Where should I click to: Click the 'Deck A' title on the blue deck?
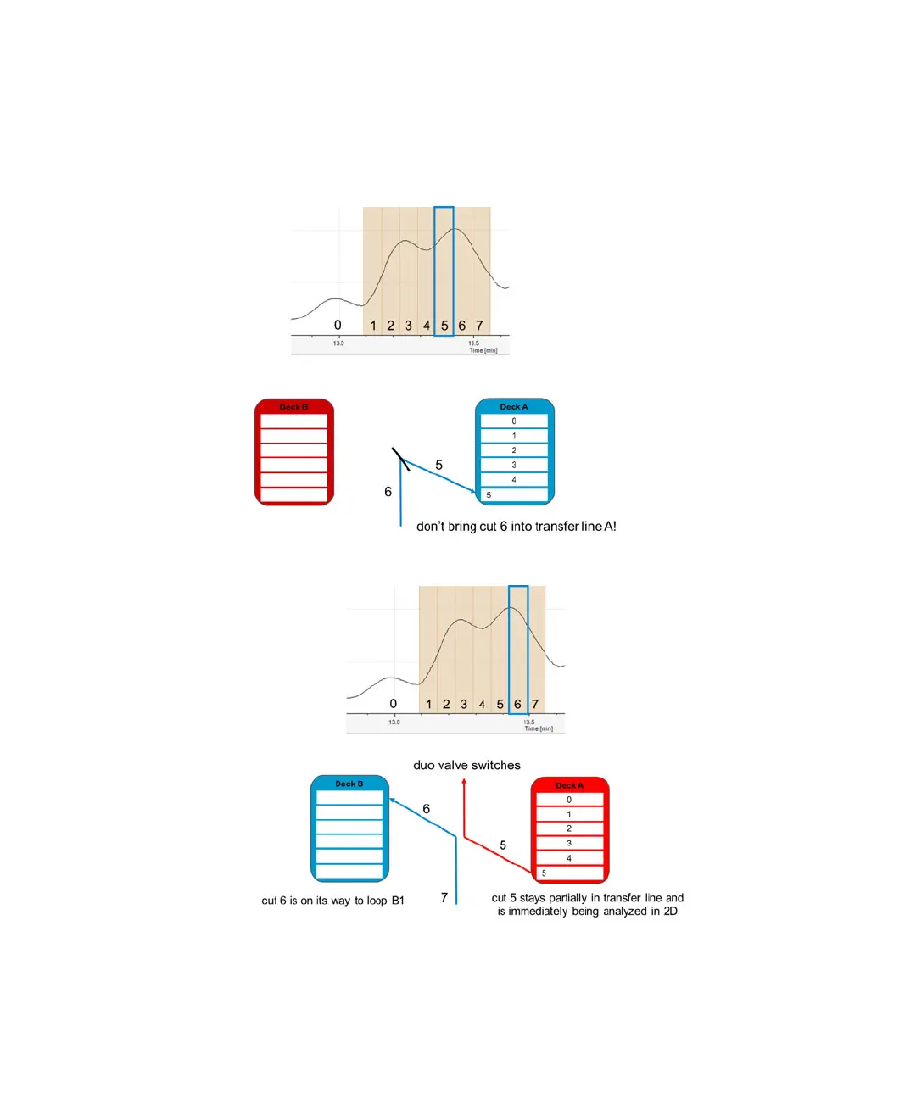(x=513, y=407)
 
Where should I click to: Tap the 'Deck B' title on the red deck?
(x=293, y=408)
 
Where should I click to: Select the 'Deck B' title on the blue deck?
(x=349, y=784)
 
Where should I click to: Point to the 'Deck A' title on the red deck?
(x=569, y=786)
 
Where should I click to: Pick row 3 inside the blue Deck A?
(x=514, y=465)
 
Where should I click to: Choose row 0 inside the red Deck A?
(x=569, y=800)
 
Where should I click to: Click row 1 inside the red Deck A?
(x=569, y=814)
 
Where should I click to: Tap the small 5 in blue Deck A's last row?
(x=489, y=495)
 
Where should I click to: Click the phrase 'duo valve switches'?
(x=466, y=765)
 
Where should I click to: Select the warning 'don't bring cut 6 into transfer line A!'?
(x=516, y=527)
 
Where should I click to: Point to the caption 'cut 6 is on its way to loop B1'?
(x=332, y=901)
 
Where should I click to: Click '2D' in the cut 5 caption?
(x=670, y=912)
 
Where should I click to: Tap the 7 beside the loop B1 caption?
(x=444, y=897)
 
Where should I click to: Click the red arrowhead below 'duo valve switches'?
(x=464, y=781)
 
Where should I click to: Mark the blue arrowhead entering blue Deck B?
(x=393, y=800)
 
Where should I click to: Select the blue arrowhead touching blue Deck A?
(x=473, y=491)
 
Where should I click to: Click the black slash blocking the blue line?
(x=400, y=459)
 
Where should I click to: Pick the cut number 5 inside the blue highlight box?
(x=444, y=326)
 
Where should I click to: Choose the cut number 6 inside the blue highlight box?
(x=517, y=704)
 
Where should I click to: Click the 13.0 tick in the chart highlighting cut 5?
(x=338, y=343)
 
